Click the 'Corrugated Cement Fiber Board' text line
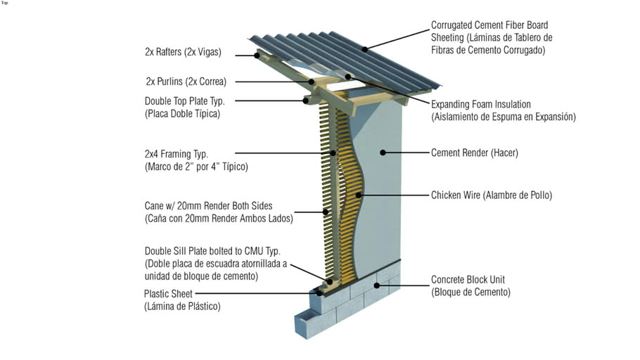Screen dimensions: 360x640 pyautogui.click(x=489, y=25)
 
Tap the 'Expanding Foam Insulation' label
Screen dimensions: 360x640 pyautogui.click(x=481, y=104)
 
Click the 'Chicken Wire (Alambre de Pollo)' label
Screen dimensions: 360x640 pyautogui.click(x=491, y=195)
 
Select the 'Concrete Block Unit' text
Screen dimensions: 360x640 pyautogui.click(x=468, y=280)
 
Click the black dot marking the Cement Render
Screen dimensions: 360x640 pyautogui.click(x=383, y=152)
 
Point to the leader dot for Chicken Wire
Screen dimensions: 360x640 pyautogui.click(x=359, y=195)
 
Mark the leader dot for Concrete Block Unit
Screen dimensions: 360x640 pyautogui.click(x=378, y=285)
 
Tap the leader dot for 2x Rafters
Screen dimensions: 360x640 pyautogui.click(x=257, y=54)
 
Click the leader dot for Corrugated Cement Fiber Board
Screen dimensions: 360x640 pyautogui.click(x=366, y=48)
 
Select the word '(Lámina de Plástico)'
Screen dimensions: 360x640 pyautogui.click(x=182, y=306)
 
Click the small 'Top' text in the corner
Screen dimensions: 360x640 pyautogui.click(x=5, y=3)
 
